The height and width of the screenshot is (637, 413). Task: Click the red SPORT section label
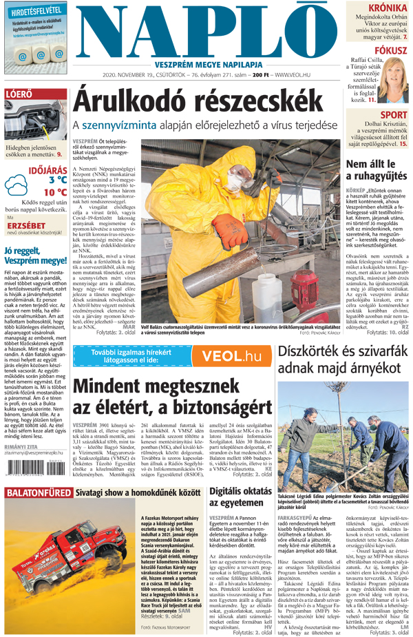[394, 115]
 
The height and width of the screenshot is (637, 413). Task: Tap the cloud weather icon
[16, 185]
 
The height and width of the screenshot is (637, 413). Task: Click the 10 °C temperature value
[55, 192]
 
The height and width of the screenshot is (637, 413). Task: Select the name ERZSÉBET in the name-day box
[25, 224]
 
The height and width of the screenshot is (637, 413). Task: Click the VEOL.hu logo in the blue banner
[226, 356]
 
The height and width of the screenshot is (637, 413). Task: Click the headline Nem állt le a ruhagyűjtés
[377, 170]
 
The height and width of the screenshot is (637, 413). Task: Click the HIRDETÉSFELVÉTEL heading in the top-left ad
[34, 11]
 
